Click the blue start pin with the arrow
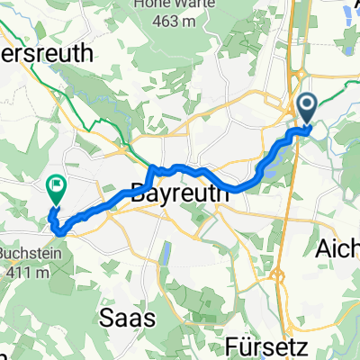(307, 110)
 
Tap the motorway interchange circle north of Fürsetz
(280, 277)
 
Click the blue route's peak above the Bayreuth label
(154, 167)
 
